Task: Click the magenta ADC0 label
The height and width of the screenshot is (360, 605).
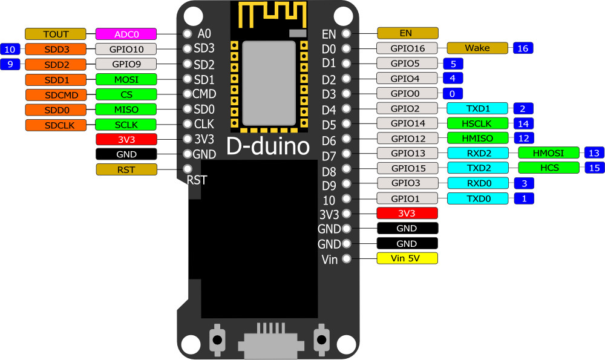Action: pyautogui.click(x=126, y=34)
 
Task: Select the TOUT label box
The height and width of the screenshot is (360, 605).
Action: pyautogui.click(x=56, y=34)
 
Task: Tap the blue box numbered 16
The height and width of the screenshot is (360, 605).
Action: pyautogui.click(x=523, y=48)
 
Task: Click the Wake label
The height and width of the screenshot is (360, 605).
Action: pyautogui.click(x=477, y=48)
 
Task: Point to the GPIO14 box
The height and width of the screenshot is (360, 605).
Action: pyautogui.click(x=407, y=123)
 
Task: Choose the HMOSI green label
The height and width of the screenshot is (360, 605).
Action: pyautogui.click(x=548, y=153)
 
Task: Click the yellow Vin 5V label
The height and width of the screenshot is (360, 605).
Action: pyautogui.click(x=407, y=258)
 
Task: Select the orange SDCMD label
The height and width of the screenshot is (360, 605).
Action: pyautogui.click(x=56, y=95)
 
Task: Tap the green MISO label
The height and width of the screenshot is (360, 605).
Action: pyautogui.click(x=126, y=110)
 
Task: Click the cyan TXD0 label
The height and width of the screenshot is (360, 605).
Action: pyautogui.click(x=478, y=198)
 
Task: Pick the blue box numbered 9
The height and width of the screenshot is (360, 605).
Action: pyautogui.click(x=10, y=64)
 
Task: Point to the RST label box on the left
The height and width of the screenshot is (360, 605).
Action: pyautogui.click(x=126, y=169)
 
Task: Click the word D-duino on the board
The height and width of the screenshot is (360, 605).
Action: pyautogui.click(x=268, y=146)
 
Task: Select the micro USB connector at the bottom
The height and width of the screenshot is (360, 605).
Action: pyautogui.click(x=269, y=341)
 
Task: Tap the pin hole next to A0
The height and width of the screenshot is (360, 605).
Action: pyautogui.click(x=188, y=33)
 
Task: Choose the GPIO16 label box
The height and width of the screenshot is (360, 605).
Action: pyautogui.click(x=407, y=48)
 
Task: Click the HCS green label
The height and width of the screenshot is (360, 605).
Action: pyautogui.click(x=549, y=168)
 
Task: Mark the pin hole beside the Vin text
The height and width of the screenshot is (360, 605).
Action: pyautogui.click(x=347, y=258)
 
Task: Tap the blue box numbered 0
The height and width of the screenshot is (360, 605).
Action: pyautogui.click(x=453, y=94)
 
